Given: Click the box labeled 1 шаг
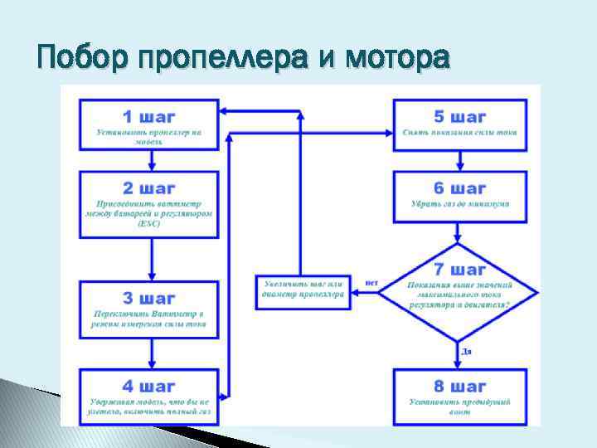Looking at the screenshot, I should [x=149, y=124].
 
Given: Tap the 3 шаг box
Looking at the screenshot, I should [x=149, y=309].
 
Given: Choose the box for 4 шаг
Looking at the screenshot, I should [x=149, y=396].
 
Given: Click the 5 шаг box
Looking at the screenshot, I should [x=459, y=124].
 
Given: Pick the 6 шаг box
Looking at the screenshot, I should [x=459, y=196].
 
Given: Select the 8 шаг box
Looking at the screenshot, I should [x=459, y=396].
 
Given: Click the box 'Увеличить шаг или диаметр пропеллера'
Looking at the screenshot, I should [x=303, y=288].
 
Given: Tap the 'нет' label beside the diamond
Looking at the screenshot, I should [x=371, y=283].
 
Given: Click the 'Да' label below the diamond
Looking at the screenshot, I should [x=467, y=352].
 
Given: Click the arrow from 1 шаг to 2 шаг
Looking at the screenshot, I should [x=149, y=160].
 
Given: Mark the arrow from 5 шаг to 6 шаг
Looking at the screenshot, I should [x=459, y=160].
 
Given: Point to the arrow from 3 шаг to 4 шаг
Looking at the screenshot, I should [x=149, y=353].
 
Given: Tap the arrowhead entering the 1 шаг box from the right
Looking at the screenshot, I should [x=226, y=110].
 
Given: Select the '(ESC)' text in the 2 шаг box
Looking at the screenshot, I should [x=149, y=222].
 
